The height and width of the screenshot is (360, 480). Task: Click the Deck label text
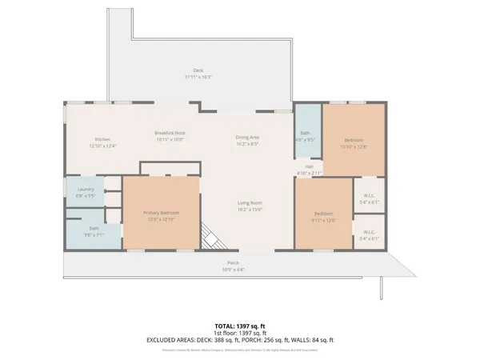[198, 70]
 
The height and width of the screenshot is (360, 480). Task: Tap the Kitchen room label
[102, 139]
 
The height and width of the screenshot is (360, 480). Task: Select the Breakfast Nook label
[170, 132]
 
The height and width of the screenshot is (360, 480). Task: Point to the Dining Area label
[247, 138]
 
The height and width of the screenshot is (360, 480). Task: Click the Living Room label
[250, 203]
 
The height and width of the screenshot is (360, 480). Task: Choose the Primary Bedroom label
[161, 212]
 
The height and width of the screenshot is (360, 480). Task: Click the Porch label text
[233, 263]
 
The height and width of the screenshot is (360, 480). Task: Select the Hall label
[309, 166]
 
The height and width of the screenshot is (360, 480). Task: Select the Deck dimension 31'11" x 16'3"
[198, 77]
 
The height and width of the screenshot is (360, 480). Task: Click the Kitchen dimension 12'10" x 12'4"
[102, 146]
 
